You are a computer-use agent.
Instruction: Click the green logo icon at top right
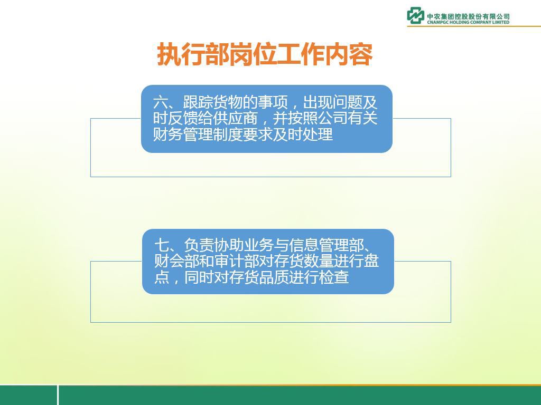415,15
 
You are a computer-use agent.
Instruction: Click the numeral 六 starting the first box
161,103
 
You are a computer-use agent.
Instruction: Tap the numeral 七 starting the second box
162,246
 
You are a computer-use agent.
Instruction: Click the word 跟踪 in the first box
198,103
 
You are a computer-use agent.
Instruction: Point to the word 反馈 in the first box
183,119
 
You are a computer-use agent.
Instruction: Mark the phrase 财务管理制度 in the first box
198,134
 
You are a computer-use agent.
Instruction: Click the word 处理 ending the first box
318,134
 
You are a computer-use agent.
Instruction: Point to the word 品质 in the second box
274,277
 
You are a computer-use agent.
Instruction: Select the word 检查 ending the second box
334,277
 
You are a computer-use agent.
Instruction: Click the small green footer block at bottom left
29,395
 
